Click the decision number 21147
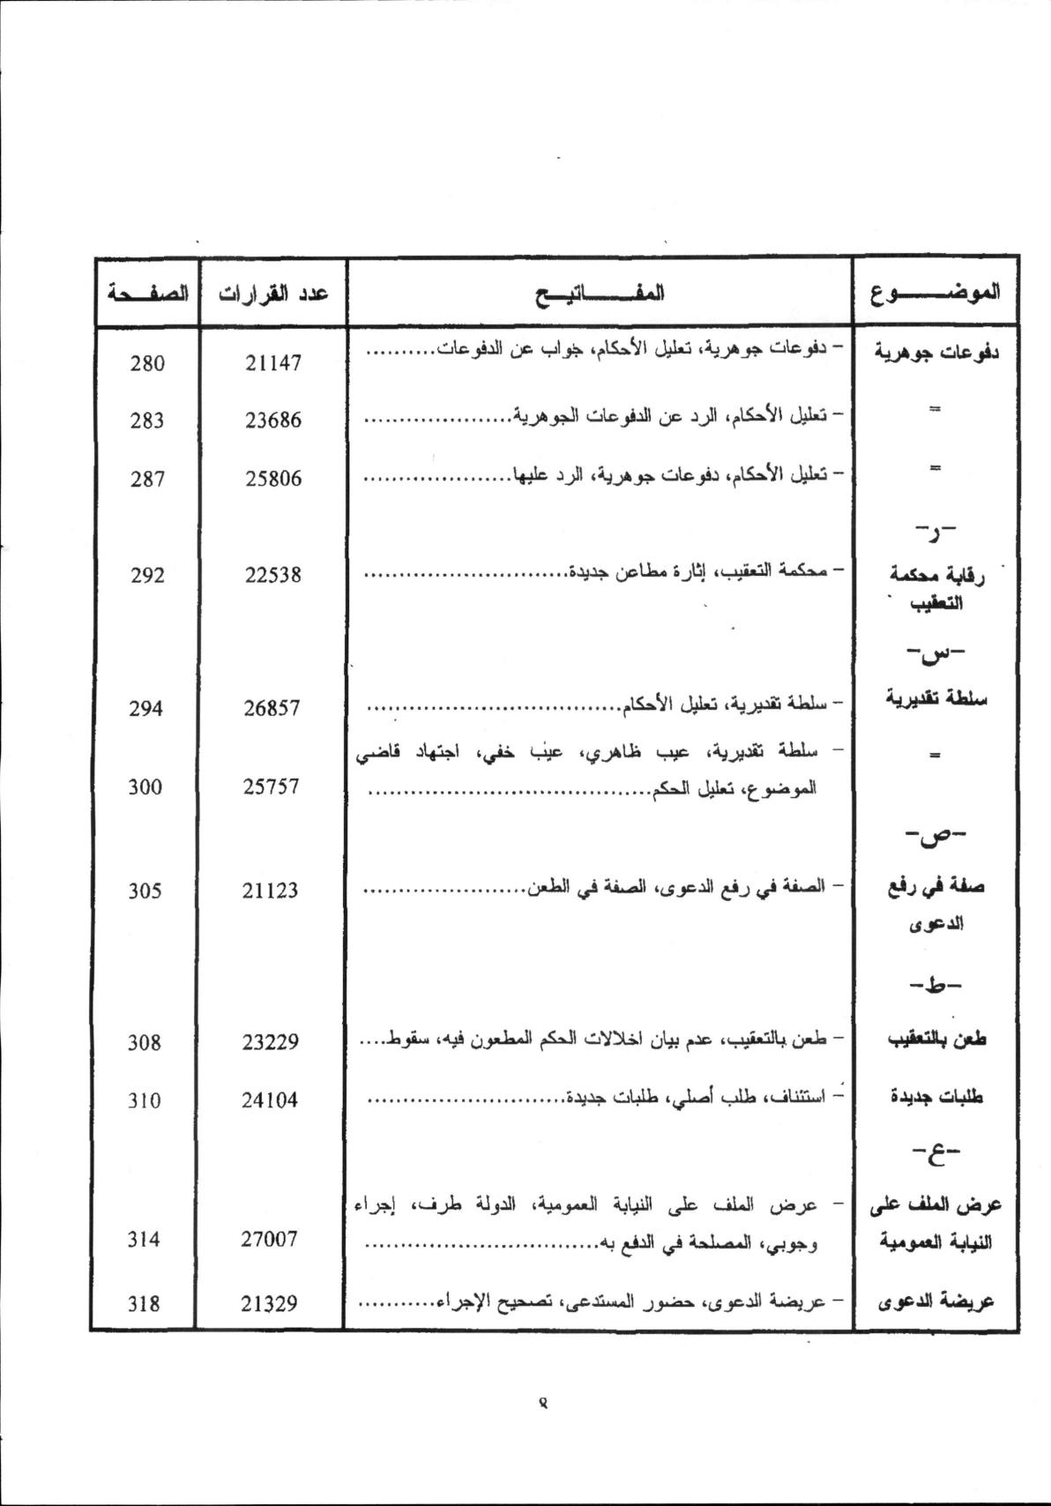(x=273, y=362)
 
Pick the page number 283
(x=146, y=421)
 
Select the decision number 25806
(x=273, y=479)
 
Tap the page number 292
(x=146, y=575)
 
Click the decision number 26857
(x=273, y=708)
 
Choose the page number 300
(x=146, y=787)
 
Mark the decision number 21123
(x=273, y=891)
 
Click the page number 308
(x=146, y=1042)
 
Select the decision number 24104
(x=273, y=1100)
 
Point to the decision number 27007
(x=273, y=1239)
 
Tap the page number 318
(x=146, y=1302)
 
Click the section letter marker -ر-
(x=935, y=533)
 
